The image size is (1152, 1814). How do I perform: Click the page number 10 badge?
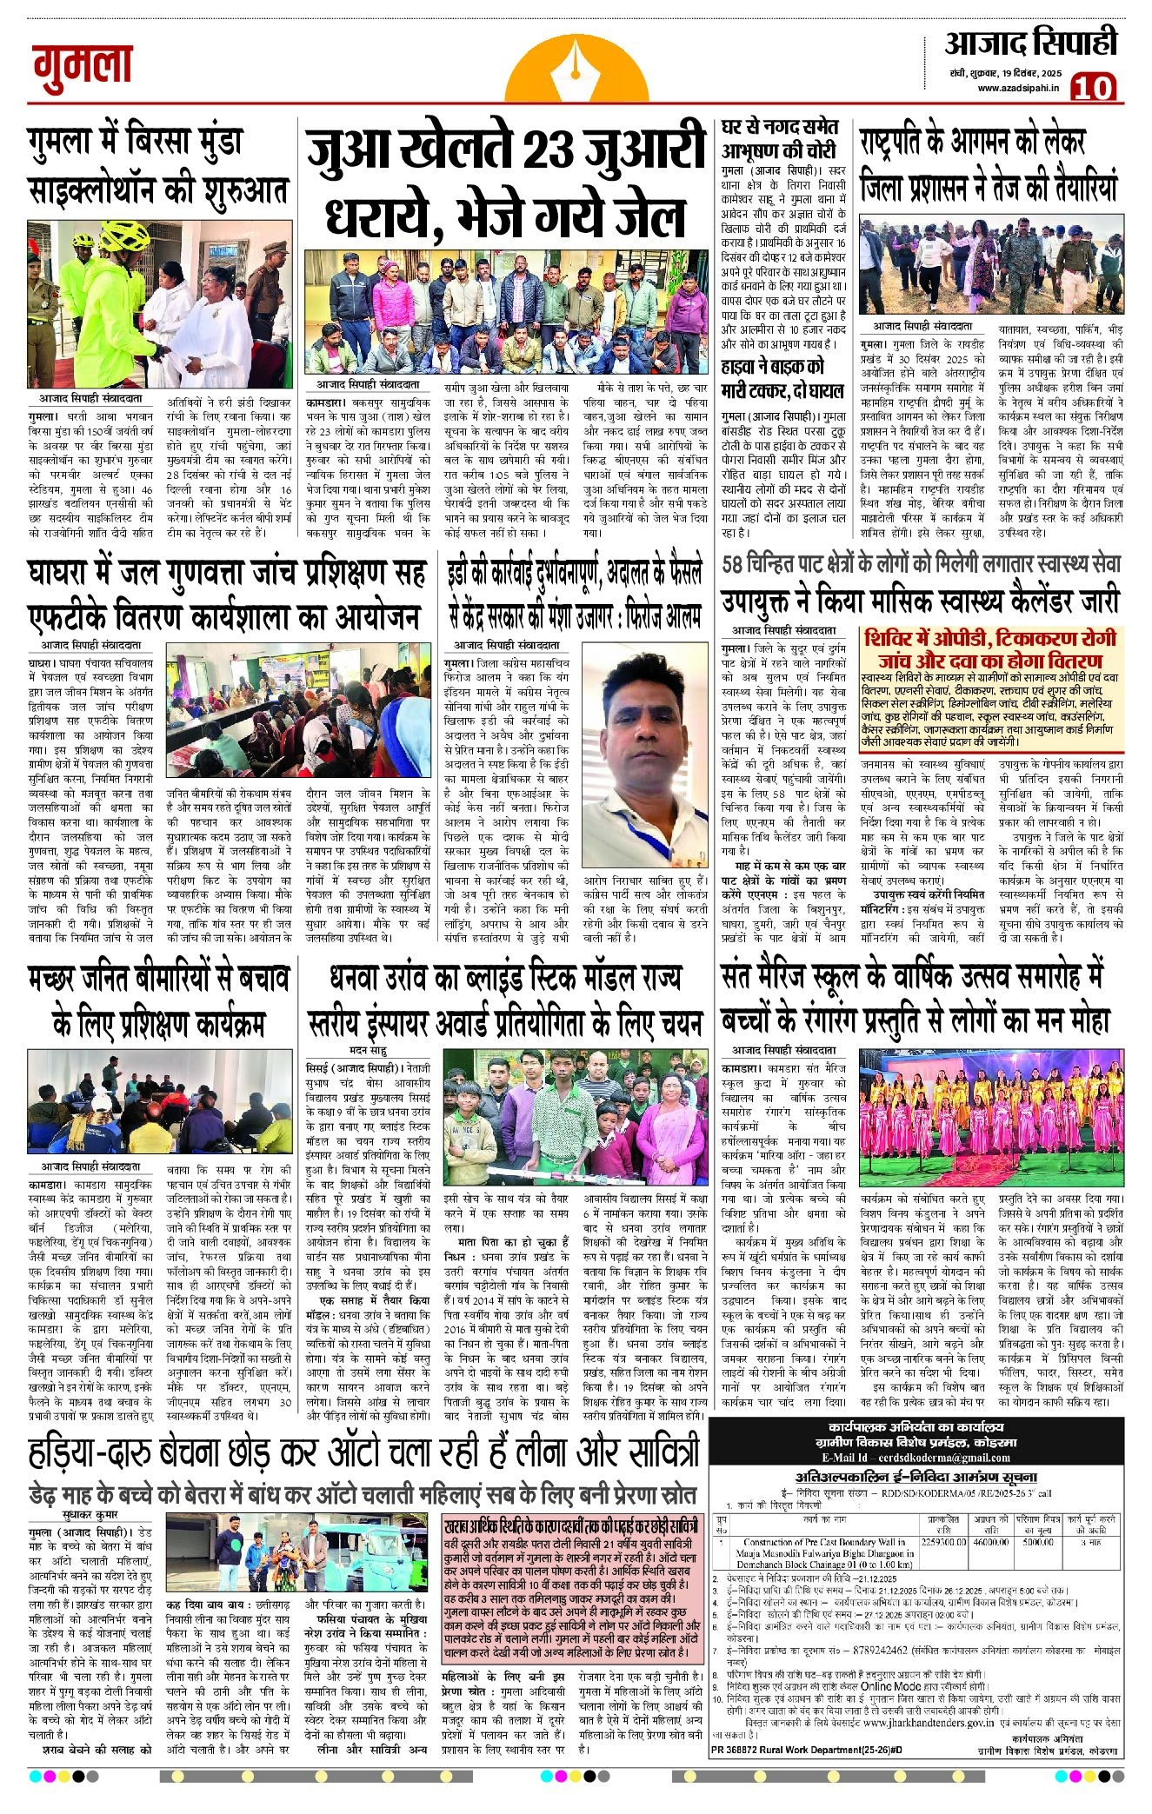pyautogui.click(x=1094, y=87)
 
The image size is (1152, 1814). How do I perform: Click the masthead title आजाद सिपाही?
pyautogui.click(x=1030, y=43)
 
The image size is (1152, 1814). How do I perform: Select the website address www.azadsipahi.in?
pyautogui.click(x=1018, y=88)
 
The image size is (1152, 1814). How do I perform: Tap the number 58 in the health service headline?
pyautogui.click(x=736, y=564)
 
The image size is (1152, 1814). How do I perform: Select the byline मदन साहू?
pyautogui.click(x=368, y=1051)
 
